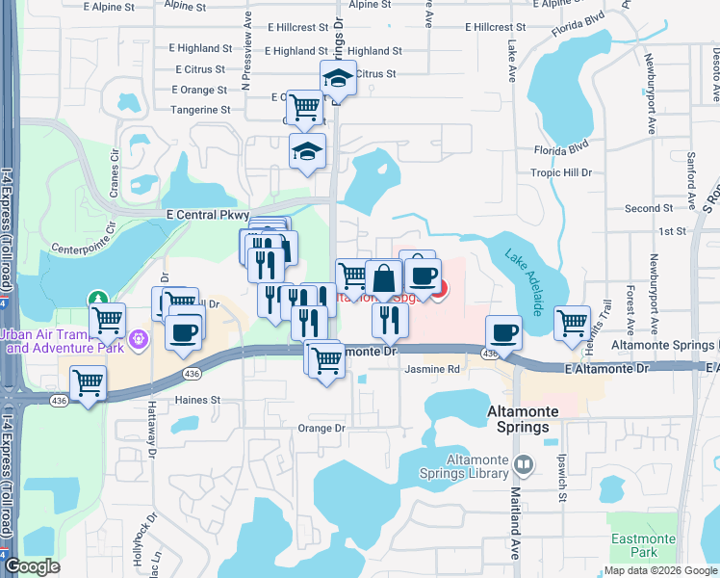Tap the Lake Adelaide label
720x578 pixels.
(x=525, y=277)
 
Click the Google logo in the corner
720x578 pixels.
(x=33, y=566)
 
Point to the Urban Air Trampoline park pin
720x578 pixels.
(x=138, y=340)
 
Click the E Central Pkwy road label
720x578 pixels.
(x=208, y=215)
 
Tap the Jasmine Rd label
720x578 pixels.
(x=432, y=369)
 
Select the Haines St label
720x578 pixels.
(x=197, y=399)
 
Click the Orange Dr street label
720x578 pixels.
(x=321, y=428)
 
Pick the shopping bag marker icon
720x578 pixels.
(x=383, y=278)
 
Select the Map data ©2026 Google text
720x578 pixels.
(x=660, y=570)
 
